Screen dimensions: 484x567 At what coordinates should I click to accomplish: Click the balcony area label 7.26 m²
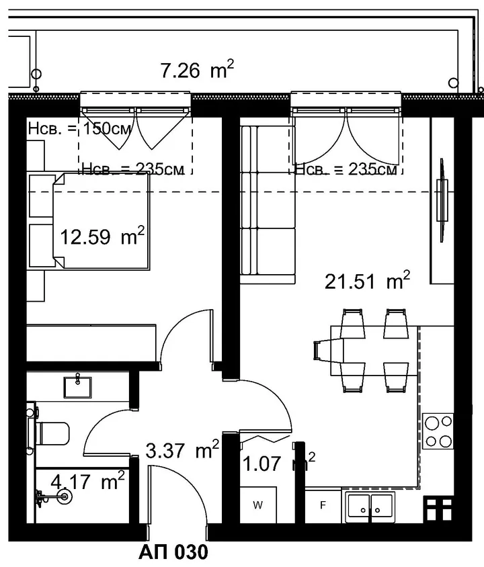tap(197, 69)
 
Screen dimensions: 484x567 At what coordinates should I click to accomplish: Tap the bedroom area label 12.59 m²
tap(102, 237)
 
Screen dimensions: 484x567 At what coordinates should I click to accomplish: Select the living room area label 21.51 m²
tap(367, 281)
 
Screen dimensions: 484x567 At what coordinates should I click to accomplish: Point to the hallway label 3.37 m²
tap(182, 450)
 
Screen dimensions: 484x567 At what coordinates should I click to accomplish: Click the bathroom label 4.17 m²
tap(87, 482)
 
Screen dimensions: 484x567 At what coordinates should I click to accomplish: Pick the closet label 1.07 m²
tap(278, 463)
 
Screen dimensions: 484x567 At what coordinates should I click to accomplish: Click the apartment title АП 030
tap(173, 552)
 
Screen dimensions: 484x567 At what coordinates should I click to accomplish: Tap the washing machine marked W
tap(258, 505)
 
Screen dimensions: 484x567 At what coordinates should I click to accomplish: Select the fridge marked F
tap(323, 505)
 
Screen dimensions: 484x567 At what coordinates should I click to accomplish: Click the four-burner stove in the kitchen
tap(438, 431)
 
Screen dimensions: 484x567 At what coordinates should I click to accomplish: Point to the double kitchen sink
tap(370, 507)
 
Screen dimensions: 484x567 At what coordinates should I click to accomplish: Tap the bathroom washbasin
tap(77, 387)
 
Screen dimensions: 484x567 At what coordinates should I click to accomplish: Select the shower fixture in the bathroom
tap(54, 497)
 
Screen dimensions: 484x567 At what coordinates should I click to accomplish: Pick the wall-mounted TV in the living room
tap(442, 200)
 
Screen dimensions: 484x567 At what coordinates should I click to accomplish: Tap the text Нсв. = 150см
tap(79, 129)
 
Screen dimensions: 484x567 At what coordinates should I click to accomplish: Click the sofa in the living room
tap(268, 204)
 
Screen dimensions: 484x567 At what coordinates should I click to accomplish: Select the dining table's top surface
tap(374, 351)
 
